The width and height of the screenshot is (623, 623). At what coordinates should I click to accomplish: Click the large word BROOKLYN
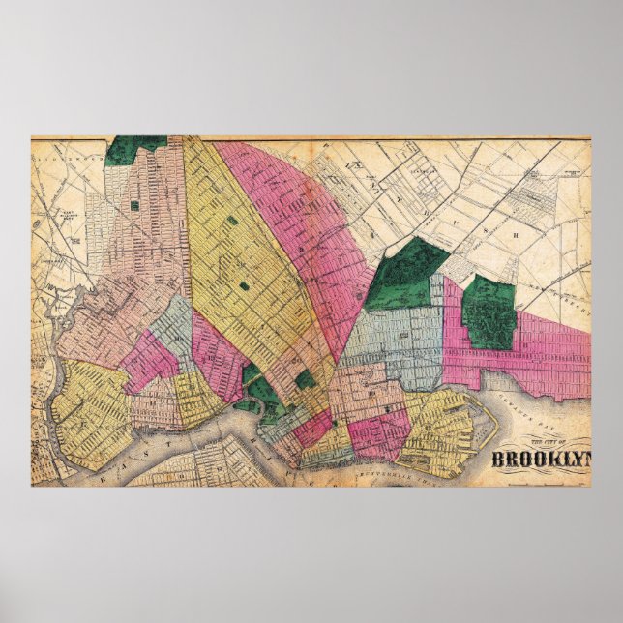point(542,460)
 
